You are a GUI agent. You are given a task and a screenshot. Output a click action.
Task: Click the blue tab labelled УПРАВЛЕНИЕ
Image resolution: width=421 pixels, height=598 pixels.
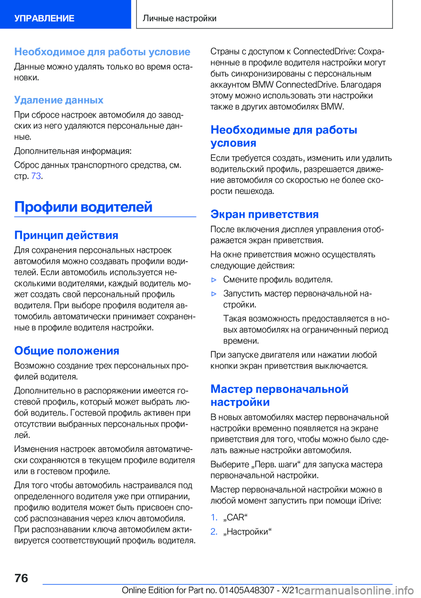(x=44, y=18)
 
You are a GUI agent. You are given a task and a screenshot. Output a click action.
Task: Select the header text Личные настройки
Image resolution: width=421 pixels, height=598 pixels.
(x=179, y=18)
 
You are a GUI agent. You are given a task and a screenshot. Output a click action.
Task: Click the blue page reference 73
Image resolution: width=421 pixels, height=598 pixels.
(x=36, y=176)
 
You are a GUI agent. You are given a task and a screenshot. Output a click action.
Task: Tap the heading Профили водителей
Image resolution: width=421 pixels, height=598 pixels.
(x=83, y=207)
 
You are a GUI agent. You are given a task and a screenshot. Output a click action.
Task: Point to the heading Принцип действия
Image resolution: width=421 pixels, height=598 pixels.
(x=66, y=235)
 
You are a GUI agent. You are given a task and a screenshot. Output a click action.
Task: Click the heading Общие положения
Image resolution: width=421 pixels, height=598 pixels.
(x=67, y=351)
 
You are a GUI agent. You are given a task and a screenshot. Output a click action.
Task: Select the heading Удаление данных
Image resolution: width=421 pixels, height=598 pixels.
(x=59, y=100)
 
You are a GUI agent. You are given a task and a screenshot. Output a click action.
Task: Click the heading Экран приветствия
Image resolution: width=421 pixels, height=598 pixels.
(x=264, y=214)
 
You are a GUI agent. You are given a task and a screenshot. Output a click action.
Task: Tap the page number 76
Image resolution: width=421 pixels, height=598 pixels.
(x=21, y=578)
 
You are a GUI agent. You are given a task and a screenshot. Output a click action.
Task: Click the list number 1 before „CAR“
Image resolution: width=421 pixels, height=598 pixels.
(x=214, y=518)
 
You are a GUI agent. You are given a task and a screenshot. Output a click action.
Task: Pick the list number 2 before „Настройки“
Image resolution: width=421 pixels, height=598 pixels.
(x=214, y=532)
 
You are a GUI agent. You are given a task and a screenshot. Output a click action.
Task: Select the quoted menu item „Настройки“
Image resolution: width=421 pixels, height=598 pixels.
(x=247, y=532)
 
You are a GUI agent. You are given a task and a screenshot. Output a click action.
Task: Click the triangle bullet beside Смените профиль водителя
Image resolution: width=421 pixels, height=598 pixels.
(x=214, y=280)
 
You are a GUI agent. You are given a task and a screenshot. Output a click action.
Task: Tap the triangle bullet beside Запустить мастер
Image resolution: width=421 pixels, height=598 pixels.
(x=214, y=294)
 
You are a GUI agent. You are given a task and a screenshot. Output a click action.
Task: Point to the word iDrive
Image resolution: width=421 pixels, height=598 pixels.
(x=369, y=501)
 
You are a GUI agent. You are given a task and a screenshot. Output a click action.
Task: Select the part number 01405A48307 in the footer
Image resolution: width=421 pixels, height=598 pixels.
(x=246, y=591)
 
